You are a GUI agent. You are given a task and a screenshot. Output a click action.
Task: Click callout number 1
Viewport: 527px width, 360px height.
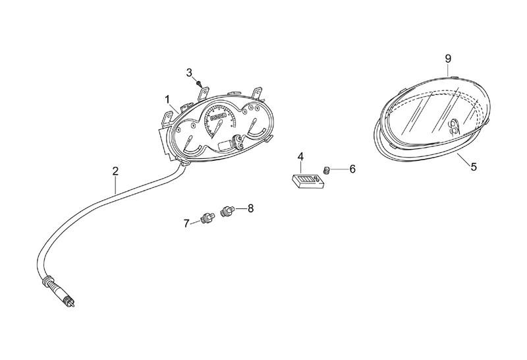168,99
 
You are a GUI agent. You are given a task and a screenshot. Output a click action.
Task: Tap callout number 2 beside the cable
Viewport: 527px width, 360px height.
116,171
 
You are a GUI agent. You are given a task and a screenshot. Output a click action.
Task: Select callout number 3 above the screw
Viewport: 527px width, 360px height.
189,72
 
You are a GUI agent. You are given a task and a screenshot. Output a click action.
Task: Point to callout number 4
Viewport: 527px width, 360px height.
300,157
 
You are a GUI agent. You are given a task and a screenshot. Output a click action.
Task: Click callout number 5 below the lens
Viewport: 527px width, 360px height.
474,167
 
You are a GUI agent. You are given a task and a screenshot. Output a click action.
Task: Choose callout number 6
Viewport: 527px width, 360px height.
352,169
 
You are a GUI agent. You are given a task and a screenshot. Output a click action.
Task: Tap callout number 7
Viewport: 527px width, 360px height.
186,223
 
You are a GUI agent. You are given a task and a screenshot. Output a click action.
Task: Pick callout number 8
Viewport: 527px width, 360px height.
250,208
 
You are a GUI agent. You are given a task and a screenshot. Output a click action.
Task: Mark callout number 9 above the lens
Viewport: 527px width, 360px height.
448,59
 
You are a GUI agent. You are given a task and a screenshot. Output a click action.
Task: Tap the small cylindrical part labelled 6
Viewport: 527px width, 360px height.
325,171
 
